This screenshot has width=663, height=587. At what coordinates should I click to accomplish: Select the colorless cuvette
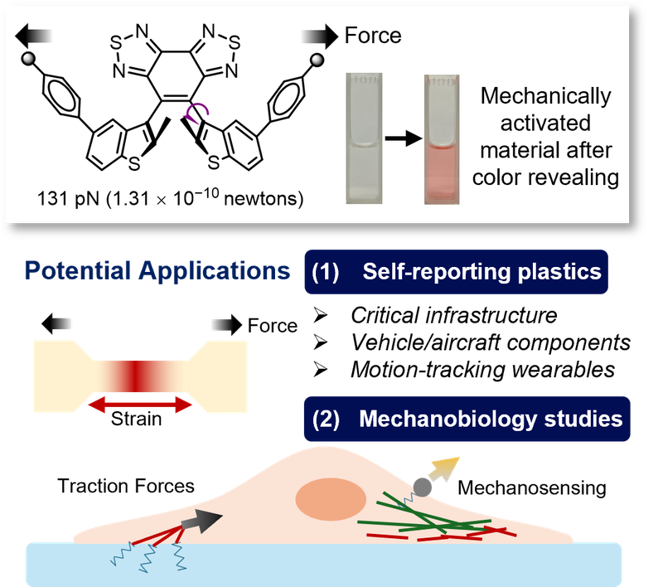click(362, 137)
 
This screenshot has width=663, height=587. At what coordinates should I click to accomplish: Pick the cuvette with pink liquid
click(439, 137)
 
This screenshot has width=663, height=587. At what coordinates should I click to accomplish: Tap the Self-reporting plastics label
click(457, 272)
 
